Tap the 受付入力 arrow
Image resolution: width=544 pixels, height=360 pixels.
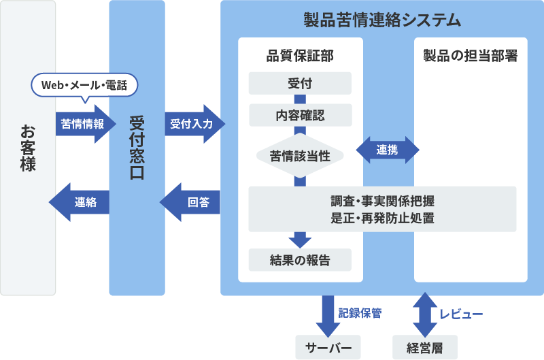pos(193,124)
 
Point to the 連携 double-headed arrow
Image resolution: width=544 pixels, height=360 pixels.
pos(388,150)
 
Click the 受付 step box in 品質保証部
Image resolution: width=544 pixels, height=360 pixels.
pos(300,83)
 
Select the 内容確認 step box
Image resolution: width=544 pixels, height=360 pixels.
pos(300,115)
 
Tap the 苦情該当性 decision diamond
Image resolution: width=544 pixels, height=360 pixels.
pos(300,155)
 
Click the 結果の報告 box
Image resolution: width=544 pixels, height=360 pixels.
pos(300,260)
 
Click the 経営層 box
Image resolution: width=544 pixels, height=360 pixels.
pos(425,348)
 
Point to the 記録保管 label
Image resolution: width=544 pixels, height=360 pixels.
pos(360,314)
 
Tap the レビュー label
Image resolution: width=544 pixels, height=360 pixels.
pos(461,314)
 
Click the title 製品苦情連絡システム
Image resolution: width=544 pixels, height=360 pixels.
pos(381,20)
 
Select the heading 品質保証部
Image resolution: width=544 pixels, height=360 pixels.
pos(300,56)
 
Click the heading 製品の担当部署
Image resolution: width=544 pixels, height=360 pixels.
pos(471,56)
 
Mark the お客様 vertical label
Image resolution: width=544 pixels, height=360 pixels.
pos(28,147)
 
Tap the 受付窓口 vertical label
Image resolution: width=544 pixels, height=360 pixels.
pos(137,147)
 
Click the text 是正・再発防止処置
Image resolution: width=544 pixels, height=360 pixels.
pos(381,218)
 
